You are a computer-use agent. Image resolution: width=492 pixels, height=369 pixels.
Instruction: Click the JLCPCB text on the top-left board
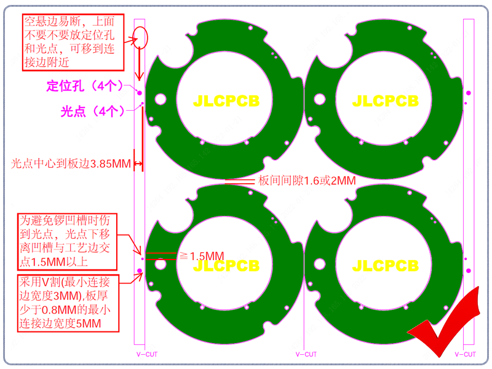[226, 101]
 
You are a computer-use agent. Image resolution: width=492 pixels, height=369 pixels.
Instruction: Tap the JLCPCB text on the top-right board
[386, 101]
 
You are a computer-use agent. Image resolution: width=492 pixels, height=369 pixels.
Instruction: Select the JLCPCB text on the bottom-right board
[386, 266]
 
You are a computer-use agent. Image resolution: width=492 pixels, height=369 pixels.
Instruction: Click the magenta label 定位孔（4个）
[84, 85]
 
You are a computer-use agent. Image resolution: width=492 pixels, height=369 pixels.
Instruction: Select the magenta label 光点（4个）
[92, 111]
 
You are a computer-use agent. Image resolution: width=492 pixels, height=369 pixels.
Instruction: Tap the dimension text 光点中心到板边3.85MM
[71, 164]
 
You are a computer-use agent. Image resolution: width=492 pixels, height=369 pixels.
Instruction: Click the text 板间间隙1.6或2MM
[307, 181]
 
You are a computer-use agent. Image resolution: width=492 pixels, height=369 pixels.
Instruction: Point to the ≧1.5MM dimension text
[202, 256]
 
